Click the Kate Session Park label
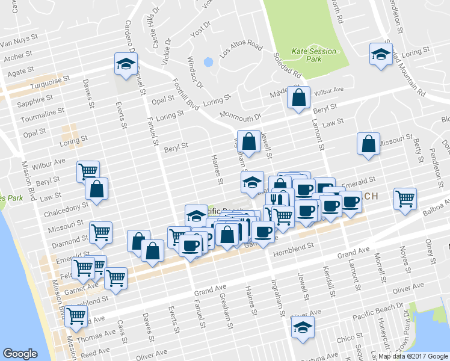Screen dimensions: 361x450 [x=313, y=55]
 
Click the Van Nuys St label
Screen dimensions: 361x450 [x=19, y=44]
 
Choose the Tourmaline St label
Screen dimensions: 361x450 [x=42, y=113]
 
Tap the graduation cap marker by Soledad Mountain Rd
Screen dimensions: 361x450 [x=381, y=55]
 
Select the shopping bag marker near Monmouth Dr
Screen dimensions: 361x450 [x=298, y=97]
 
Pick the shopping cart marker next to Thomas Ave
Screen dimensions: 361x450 [x=76, y=315]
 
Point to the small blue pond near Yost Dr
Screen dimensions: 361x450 [x=209, y=62]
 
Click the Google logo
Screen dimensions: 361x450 [x=20, y=354]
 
